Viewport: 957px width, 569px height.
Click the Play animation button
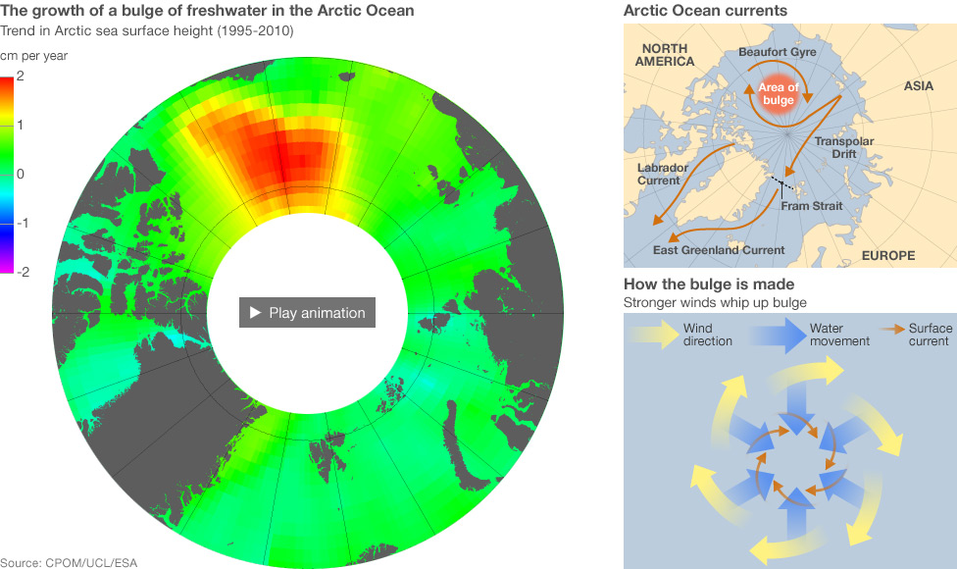(307, 313)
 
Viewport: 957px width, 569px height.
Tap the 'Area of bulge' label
(779, 94)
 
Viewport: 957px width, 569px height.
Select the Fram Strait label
(811, 206)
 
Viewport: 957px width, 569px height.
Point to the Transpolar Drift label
(843, 148)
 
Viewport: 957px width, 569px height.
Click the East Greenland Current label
(719, 250)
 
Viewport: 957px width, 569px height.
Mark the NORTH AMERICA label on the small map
(665, 55)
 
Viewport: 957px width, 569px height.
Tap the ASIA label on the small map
(919, 86)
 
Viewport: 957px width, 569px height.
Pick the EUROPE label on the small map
(888, 256)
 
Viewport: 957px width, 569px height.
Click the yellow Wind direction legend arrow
(655, 335)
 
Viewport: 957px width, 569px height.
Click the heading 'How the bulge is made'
(694, 284)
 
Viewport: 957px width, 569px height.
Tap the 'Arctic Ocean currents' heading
(705, 11)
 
